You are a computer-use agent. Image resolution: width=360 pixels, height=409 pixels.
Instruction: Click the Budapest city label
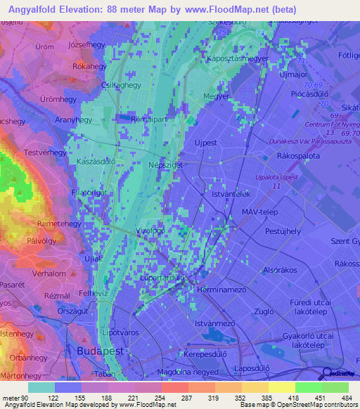(x=94, y=349)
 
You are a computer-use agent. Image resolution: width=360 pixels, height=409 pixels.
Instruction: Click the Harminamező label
(x=223, y=290)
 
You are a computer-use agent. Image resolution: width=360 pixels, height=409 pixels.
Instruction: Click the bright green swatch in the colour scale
(x=308, y=387)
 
